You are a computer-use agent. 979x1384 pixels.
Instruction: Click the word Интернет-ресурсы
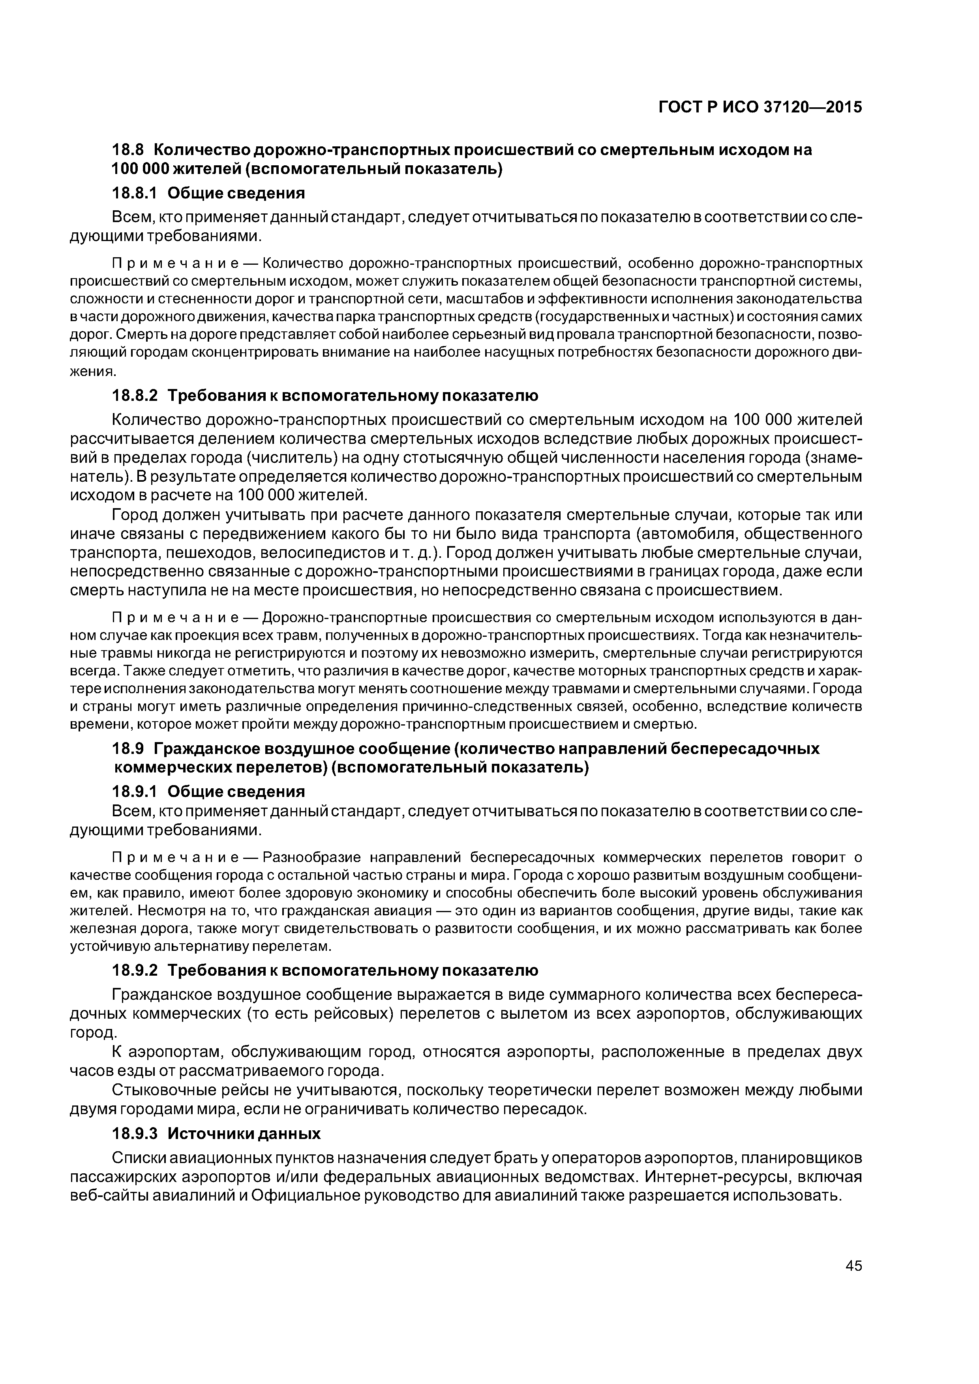[730, 1176]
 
